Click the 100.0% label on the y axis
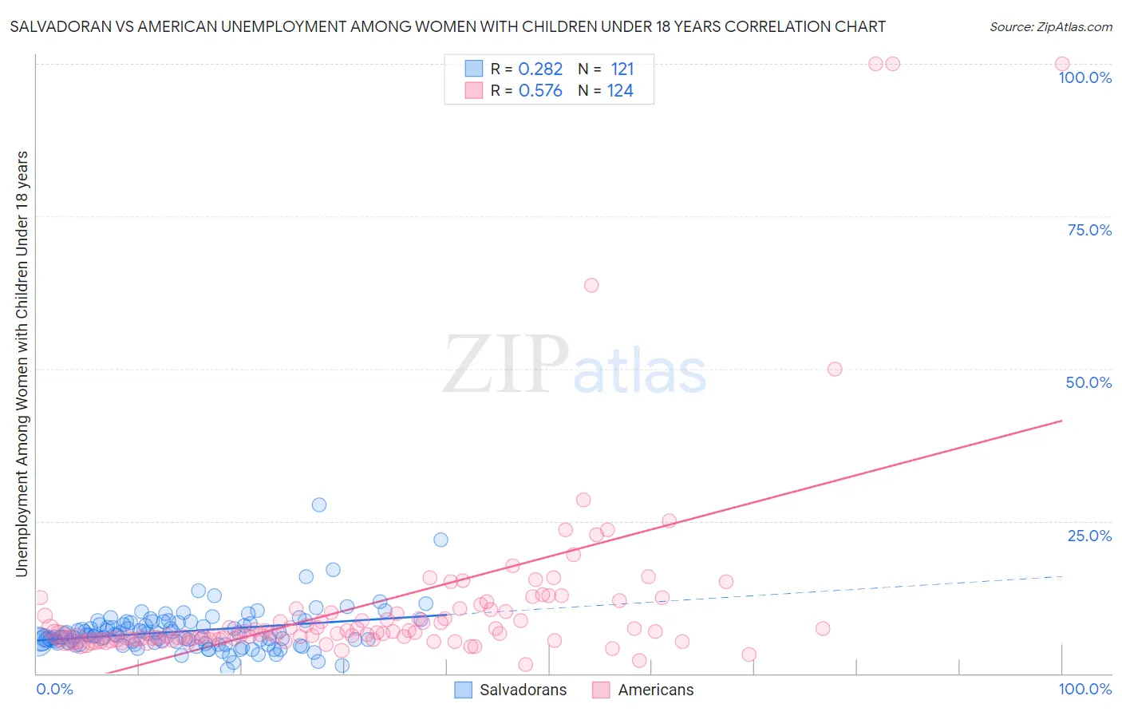click(x=1084, y=77)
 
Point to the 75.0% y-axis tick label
click(x=1089, y=230)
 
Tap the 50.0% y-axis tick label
click(x=1088, y=382)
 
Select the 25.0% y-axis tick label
click(x=1089, y=536)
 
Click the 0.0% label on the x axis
click(x=54, y=689)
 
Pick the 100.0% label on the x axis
click(x=1084, y=689)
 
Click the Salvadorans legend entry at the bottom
click(x=523, y=690)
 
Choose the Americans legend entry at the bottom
click(x=655, y=690)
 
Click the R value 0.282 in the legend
click(x=540, y=69)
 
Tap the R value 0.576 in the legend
click(x=540, y=91)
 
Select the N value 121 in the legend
click(x=622, y=69)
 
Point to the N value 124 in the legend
click(x=620, y=91)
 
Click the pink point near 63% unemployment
click(x=591, y=285)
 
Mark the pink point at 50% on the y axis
click(x=835, y=369)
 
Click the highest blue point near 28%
click(x=319, y=504)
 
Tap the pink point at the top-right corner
click(x=1062, y=64)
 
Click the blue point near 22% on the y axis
click(x=441, y=540)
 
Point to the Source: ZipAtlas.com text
click(x=1050, y=26)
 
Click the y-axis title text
click(x=22, y=363)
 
